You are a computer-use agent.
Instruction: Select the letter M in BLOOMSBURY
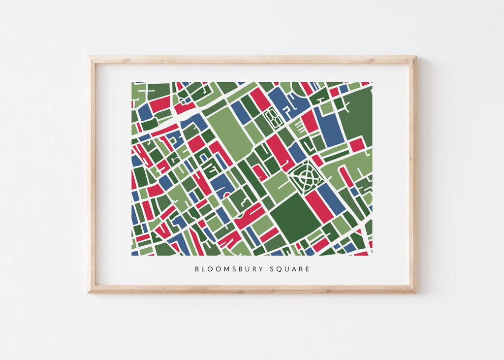coord(224,269)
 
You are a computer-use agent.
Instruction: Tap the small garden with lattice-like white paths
coord(272,118)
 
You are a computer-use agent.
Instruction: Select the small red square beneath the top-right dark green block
coord(356,144)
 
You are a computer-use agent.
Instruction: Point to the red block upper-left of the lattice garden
coord(259,99)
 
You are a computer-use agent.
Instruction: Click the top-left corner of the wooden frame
coord(90,58)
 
